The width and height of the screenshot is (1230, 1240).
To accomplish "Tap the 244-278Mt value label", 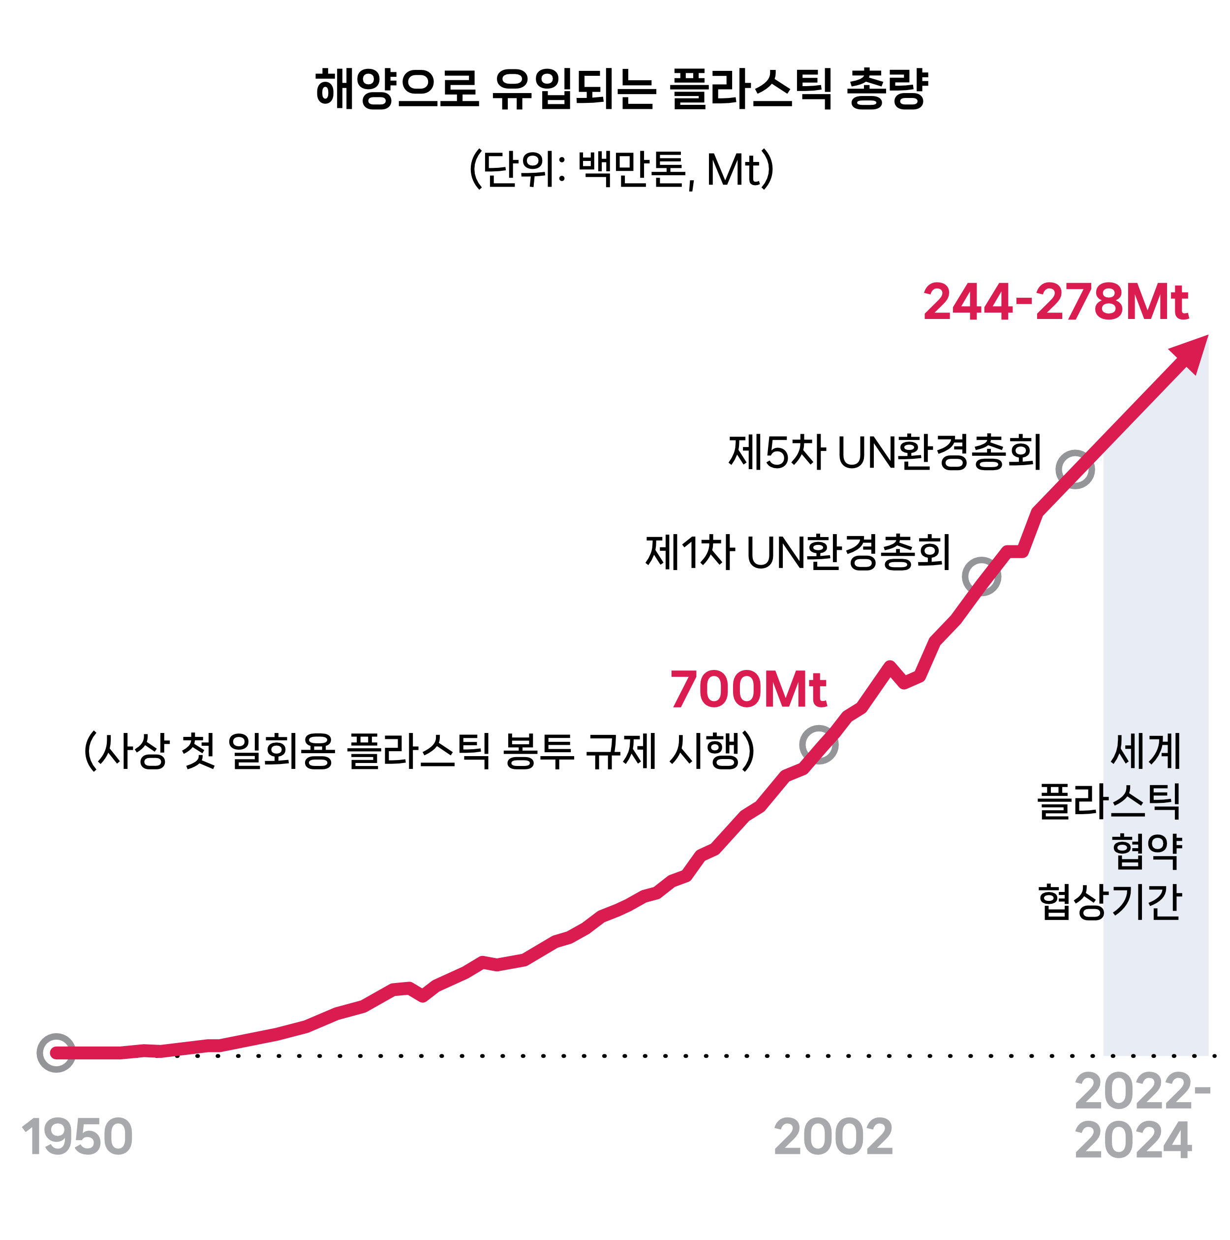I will tap(1055, 302).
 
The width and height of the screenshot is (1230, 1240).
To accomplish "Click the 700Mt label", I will tap(748, 689).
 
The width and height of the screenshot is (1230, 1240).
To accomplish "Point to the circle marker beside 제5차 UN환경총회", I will tap(1075, 469).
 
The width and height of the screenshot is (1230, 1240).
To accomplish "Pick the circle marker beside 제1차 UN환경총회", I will tap(981, 576).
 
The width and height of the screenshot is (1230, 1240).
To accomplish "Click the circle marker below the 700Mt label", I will tap(819, 744).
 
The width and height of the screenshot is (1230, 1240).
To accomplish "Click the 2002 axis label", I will tap(833, 1137).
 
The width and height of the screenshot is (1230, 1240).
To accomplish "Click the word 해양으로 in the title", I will tap(397, 89).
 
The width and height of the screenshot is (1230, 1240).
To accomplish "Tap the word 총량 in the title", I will tap(888, 89).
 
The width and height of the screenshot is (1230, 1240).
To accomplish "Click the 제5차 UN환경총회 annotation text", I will tap(884, 452).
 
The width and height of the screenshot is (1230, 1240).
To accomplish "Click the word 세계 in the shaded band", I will tap(1145, 750).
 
